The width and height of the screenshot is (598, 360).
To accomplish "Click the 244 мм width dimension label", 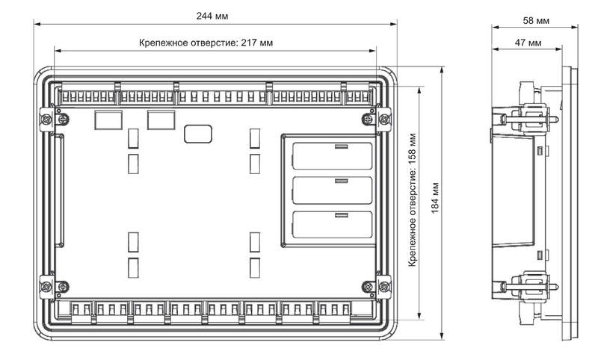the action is [212, 16].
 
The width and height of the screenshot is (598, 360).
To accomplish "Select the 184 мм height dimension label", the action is [435, 198].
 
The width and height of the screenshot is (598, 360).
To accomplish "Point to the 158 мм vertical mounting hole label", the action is [413, 199].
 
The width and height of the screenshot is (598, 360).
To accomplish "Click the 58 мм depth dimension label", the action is [536, 21].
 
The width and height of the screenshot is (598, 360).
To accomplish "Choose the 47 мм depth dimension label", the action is [528, 43].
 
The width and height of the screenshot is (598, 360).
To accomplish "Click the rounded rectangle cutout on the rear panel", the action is [198, 134].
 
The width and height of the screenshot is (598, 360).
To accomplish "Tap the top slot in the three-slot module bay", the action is [332, 156].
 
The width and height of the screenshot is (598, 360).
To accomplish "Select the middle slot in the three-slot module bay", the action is [332, 190].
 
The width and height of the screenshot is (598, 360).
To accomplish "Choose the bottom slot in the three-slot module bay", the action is [332, 225].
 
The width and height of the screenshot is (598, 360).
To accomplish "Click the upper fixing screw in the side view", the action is [529, 120].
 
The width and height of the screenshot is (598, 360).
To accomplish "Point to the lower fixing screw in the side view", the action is [529, 286].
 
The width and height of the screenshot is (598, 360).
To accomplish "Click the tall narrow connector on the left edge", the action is [59, 190].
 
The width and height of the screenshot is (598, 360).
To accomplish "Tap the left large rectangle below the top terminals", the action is [108, 120].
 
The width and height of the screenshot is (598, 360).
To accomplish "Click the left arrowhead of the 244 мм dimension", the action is [37, 24].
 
